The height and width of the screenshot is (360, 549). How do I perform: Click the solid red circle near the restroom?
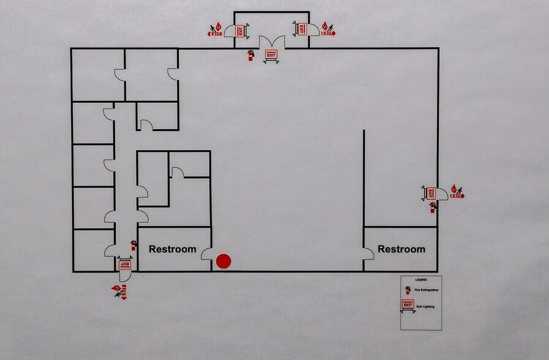[x=224, y=261]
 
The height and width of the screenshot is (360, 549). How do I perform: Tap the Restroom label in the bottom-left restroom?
[x=173, y=249]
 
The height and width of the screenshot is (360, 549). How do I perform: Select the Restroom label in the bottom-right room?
[x=401, y=249]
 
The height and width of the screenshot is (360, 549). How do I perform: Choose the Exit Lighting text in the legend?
[x=425, y=306]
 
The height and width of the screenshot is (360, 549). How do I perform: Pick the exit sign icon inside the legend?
[x=407, y=304]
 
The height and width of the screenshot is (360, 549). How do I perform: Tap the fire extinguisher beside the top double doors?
[x=250, y=56]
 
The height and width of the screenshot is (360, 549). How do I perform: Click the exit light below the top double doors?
[x=271, y=55]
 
